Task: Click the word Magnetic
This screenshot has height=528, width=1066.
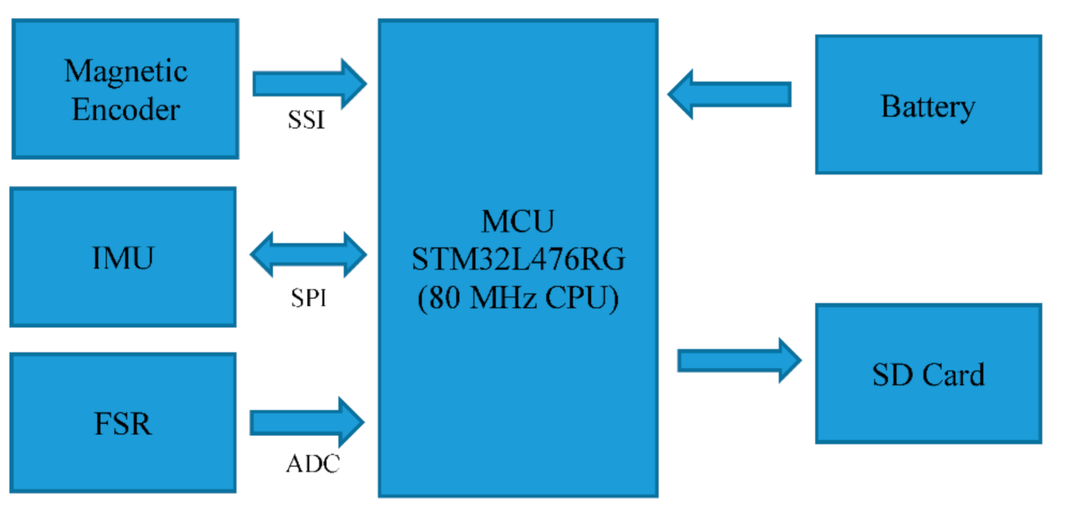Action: point(126,72)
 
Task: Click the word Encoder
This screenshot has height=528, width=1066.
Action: point(126,111)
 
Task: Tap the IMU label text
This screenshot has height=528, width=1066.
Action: point(123,258)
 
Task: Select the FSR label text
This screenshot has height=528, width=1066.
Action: point(123,424)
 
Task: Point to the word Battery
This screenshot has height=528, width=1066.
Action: point(928,107)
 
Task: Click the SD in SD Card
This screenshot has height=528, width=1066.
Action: point(893,375)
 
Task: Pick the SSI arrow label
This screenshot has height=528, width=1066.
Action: point(306,120)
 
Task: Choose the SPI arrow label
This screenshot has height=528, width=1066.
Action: point(308,298)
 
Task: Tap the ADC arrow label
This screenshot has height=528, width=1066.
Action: point(313,464)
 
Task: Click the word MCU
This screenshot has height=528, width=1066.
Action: point(518,222)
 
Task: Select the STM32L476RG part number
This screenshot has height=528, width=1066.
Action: point(518,259)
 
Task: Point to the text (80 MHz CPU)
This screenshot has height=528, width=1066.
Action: point(518,298)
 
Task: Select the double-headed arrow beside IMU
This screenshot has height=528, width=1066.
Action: point(308,255)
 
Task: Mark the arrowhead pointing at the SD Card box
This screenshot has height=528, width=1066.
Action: point(790,360)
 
